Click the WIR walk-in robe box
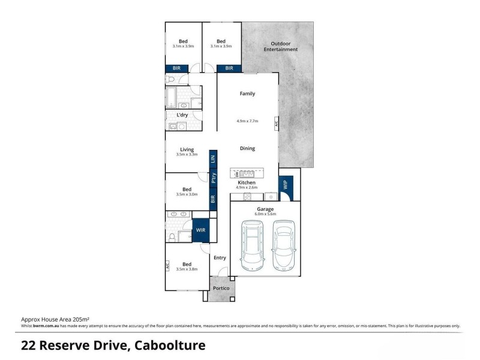201,230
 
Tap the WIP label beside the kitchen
285,185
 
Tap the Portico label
222,289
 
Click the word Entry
220,258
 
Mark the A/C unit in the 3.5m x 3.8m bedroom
168,264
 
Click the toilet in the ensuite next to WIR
172,238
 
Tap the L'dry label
182,115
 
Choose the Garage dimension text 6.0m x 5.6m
266,214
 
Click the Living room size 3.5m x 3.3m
187,155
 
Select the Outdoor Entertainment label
280,47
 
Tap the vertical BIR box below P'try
213,197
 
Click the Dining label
247,148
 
